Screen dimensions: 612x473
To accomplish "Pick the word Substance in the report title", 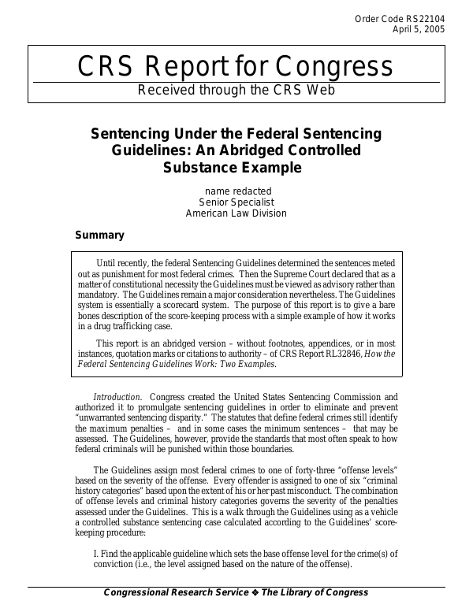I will [x=199, y=167].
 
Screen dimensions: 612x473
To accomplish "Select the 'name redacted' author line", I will [x=237, y=191].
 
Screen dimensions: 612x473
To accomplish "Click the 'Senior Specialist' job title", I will [x=236, y=202].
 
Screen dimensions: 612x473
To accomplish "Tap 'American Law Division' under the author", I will [x=236, y=213].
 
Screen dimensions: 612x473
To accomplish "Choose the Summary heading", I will [x=99, y=235].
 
